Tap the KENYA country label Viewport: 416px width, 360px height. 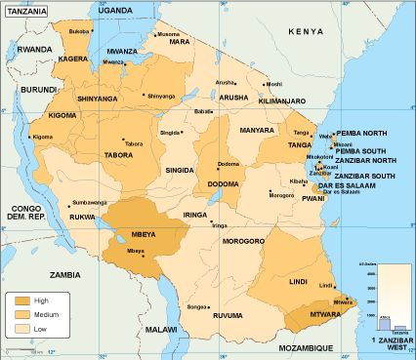click(x=305, y=32)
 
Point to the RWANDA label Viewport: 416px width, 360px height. click(x=34, y=48)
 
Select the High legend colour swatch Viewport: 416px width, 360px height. click(x=19, y=301)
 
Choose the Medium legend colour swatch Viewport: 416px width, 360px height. click(x=19, y=315)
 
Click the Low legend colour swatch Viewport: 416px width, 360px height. click(x=19, y=329)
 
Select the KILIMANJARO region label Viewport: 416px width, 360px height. click(x=283, y=100)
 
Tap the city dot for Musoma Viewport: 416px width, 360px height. click(x=154, y=34)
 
